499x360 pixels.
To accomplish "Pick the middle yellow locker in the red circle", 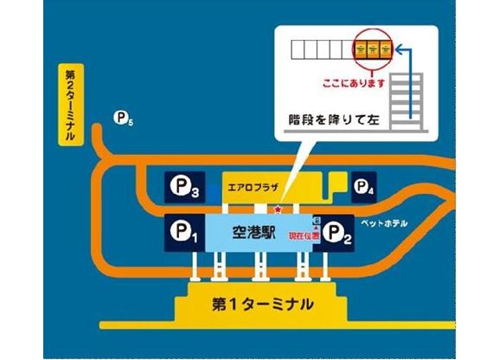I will click(373, 49).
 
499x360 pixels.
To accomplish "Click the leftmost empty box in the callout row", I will click(298, 49).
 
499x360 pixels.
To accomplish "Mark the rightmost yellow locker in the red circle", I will click(386, 49).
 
